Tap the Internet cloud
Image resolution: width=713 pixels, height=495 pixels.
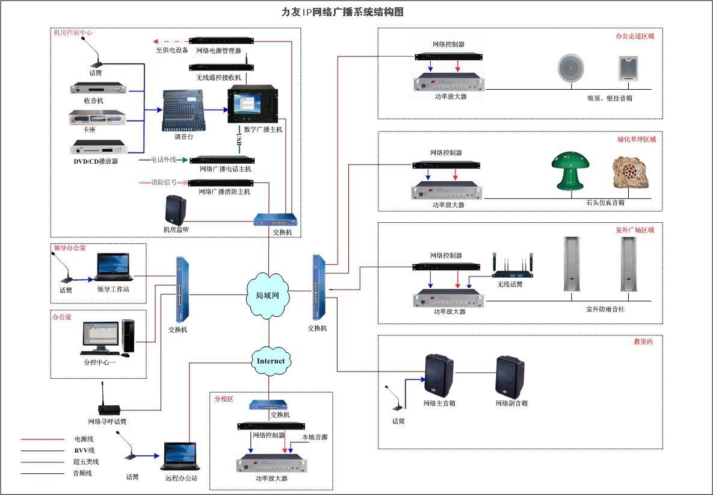[x=270, y=361]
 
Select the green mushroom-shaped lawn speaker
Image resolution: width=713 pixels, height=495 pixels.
[x=570, y=170]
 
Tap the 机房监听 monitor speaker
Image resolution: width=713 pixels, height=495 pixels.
[x=176, y=210]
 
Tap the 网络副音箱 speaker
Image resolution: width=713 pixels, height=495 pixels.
[x=511, y=377]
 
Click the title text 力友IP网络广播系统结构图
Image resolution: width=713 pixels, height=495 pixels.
[x=342, y=11]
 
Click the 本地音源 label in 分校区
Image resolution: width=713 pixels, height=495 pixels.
[x=315, y=437]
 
